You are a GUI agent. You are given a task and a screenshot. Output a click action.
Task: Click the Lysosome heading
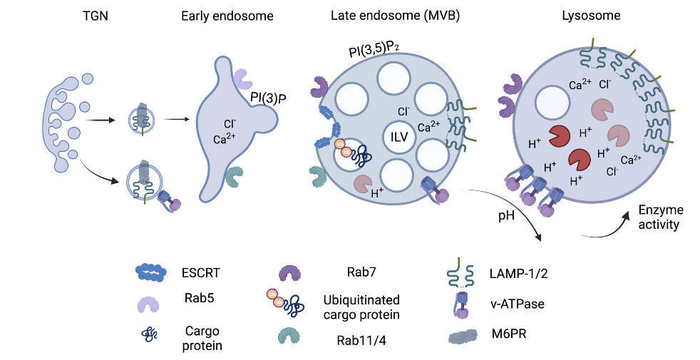[x=601, y=15]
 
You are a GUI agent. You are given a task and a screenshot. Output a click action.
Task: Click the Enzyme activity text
[x=660, y=217]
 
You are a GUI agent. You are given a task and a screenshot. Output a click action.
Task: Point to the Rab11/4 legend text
[x=371, y=340]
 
